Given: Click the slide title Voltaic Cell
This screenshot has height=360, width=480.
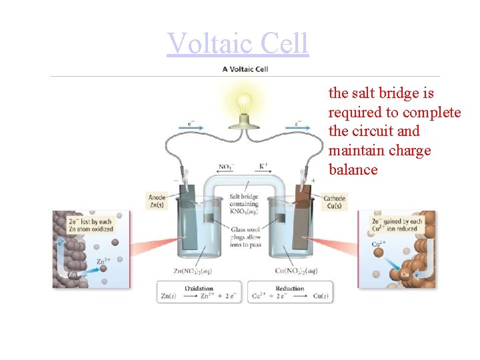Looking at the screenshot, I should point(238,43).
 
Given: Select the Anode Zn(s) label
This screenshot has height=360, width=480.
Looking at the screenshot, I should point(157,200).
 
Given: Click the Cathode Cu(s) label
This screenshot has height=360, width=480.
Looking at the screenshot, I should point(333,201).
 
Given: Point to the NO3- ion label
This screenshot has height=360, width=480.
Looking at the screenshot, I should point(226,167).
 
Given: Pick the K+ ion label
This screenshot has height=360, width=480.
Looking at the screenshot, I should point(264,166).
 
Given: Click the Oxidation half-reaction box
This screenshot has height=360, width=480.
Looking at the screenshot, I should point(199,293).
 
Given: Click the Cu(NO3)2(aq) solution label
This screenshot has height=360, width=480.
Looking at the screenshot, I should point(296,270).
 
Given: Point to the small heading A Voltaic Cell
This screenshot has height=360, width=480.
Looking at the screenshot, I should point(245,69).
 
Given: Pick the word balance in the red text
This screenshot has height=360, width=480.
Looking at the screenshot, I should point(353,170).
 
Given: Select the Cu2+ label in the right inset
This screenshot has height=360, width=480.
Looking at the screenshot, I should point(378,244).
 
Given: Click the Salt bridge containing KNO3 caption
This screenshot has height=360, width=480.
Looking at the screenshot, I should point(244,203).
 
